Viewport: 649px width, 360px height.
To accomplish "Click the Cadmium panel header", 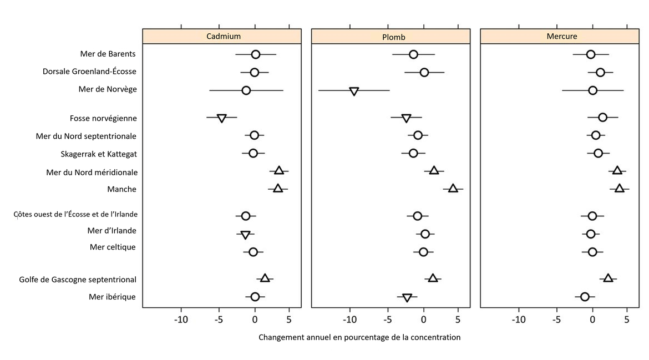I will pos(223,36).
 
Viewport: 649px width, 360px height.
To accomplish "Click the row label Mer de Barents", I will pos(108,54).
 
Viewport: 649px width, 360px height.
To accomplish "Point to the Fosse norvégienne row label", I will pos(103,118).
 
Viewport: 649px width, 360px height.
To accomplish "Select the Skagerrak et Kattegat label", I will pos(99,154).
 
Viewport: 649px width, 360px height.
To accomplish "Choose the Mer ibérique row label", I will pos(112,297).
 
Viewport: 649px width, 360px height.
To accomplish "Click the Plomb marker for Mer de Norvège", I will pos(354,91).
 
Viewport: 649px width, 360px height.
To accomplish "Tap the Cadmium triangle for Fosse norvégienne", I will pos(221,118).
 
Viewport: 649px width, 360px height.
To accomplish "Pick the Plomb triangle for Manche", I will pos(453,189).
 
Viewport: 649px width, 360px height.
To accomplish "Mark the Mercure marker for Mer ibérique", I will pos(585,297).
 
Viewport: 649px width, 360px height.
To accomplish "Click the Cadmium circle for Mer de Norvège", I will pos(246,90).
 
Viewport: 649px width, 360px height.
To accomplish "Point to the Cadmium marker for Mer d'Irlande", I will pos(245,235).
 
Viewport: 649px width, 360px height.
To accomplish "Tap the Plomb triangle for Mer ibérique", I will pos(407,298).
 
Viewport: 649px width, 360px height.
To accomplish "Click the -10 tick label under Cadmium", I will pos(181,320).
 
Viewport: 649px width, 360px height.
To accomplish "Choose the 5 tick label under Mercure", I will pos(626,320).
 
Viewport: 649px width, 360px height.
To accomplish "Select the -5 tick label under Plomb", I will pos(387,320).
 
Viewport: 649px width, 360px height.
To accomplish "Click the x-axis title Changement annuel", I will pos(359,337).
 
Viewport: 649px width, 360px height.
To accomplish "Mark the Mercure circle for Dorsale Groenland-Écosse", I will pos(600,72).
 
